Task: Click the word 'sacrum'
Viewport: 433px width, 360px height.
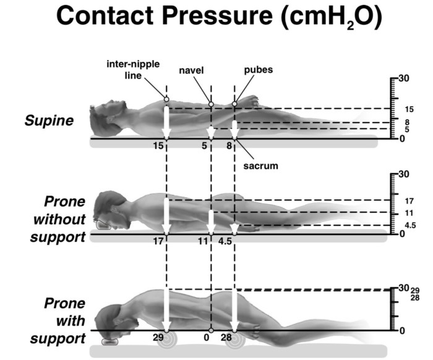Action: point(260,166)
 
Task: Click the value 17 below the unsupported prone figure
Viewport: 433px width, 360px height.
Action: point(158,243)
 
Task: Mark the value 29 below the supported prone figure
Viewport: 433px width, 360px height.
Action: point(158,338)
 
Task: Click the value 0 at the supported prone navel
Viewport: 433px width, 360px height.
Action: point(206,338)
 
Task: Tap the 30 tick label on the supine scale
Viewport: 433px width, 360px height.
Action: point(405,79)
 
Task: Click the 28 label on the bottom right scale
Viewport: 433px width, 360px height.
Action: point(415,298)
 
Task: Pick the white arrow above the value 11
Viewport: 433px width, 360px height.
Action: point(212,221)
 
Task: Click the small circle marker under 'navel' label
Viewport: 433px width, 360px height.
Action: point(211,105)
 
